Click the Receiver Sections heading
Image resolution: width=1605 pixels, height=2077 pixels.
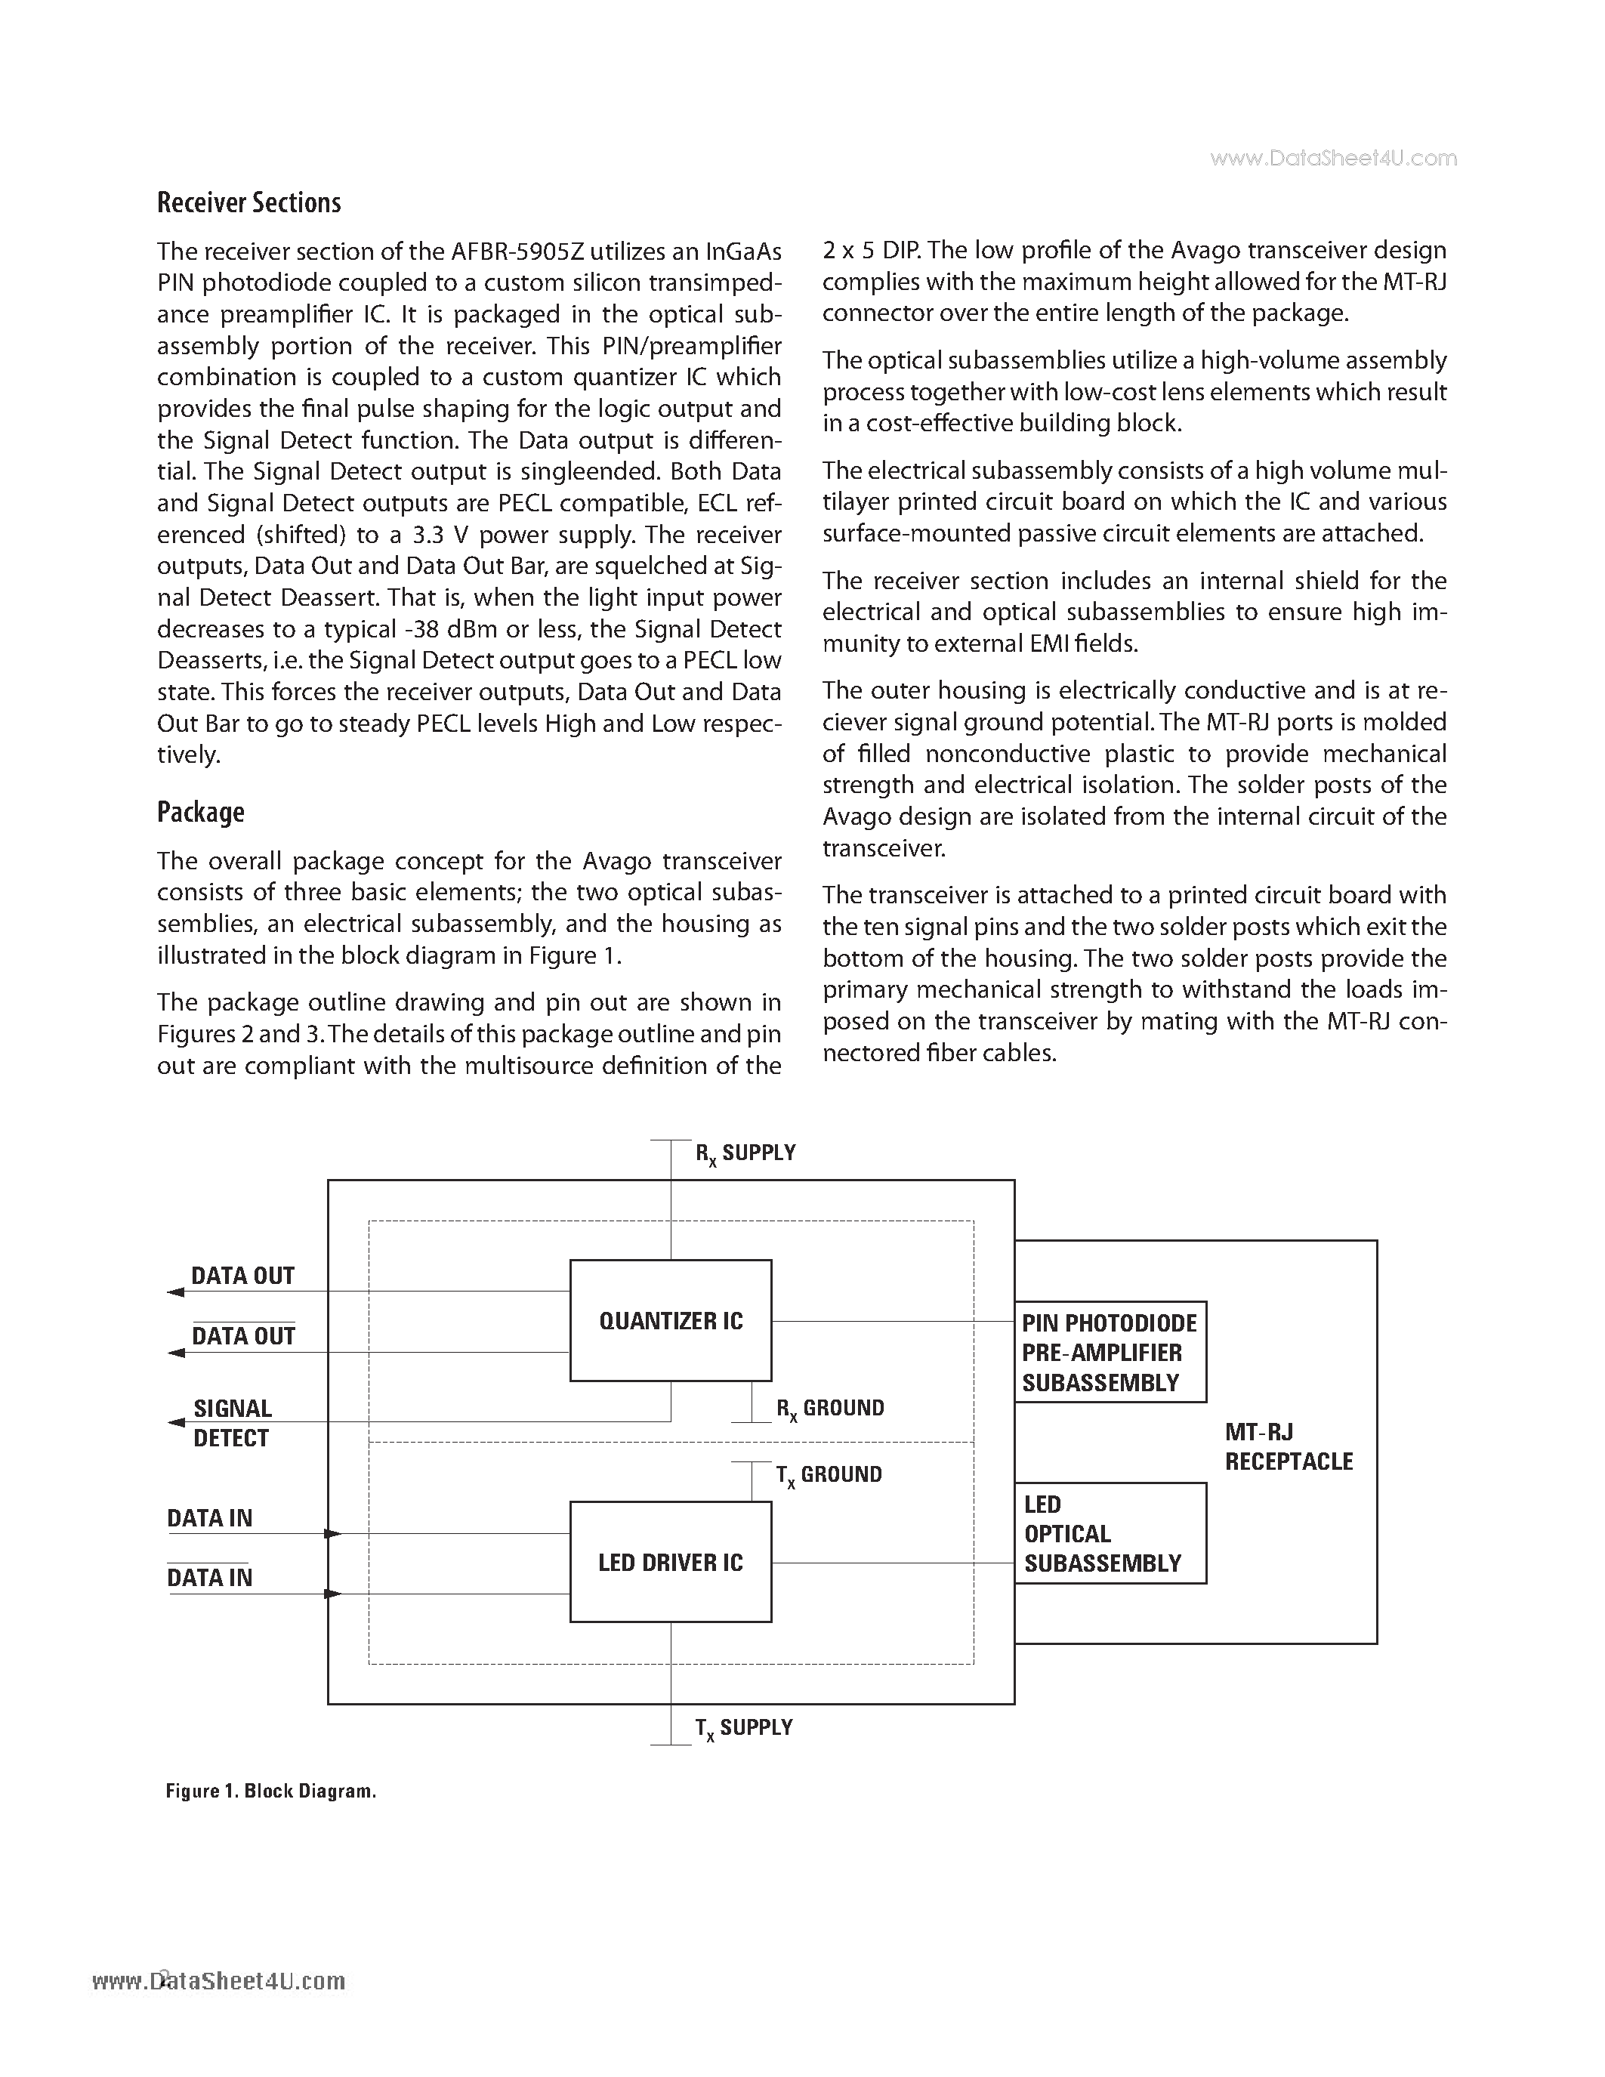point(248,202)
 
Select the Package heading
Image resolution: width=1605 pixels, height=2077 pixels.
point(201,812)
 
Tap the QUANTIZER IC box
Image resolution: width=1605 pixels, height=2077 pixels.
point(671,1320)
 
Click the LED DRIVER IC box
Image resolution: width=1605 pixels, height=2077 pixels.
point(671,1563)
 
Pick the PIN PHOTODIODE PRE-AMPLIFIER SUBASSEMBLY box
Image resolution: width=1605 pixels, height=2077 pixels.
point(1110,1353)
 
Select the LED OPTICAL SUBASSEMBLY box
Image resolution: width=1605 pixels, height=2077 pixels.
point(1110,1534)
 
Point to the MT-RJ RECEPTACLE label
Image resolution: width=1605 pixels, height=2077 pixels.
point(1289,1446)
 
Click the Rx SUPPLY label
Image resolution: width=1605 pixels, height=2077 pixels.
point(745,1153)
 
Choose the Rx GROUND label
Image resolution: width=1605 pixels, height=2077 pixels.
point(830,1409)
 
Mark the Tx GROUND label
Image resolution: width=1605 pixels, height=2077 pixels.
point(828,1475)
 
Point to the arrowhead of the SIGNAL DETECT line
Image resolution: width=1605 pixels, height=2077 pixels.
point(175,1423)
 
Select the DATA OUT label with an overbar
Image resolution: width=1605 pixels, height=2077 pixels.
point(243,1336)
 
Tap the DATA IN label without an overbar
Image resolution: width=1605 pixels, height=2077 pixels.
point(210,1518)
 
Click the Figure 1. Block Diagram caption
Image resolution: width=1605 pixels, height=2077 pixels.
point(271,1791)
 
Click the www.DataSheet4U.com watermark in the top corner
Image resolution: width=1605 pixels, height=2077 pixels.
point(1333,159)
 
